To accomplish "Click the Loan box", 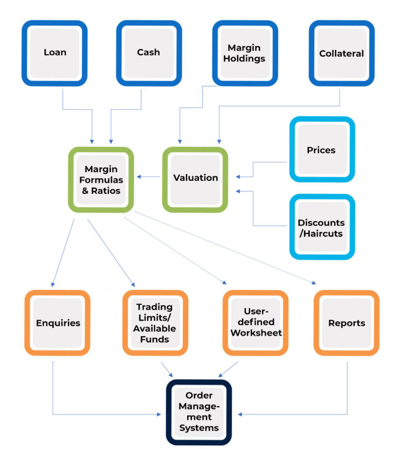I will click(x=55, y=53).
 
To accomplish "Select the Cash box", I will click(x=148, y=53).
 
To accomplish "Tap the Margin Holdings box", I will click(x=246, y=53).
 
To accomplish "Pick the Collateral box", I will click(x=341, y=53).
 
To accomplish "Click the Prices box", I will click(x=321, y=150).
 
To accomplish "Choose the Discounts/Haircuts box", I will click(x=321, y=228).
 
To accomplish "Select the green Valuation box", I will click(x=195, y=178).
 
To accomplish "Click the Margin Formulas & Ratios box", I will click(x=101, y=180).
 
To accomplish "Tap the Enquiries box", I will click(x=58, y=323).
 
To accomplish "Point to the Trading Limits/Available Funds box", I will click(x=155, y=323).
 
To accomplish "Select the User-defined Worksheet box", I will click(x=256, y=323).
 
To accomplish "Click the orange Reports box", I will click(x=346, y=323).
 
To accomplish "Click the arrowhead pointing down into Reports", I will click(x=314, y=282).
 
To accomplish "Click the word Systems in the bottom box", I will click(x=199, y=428).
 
